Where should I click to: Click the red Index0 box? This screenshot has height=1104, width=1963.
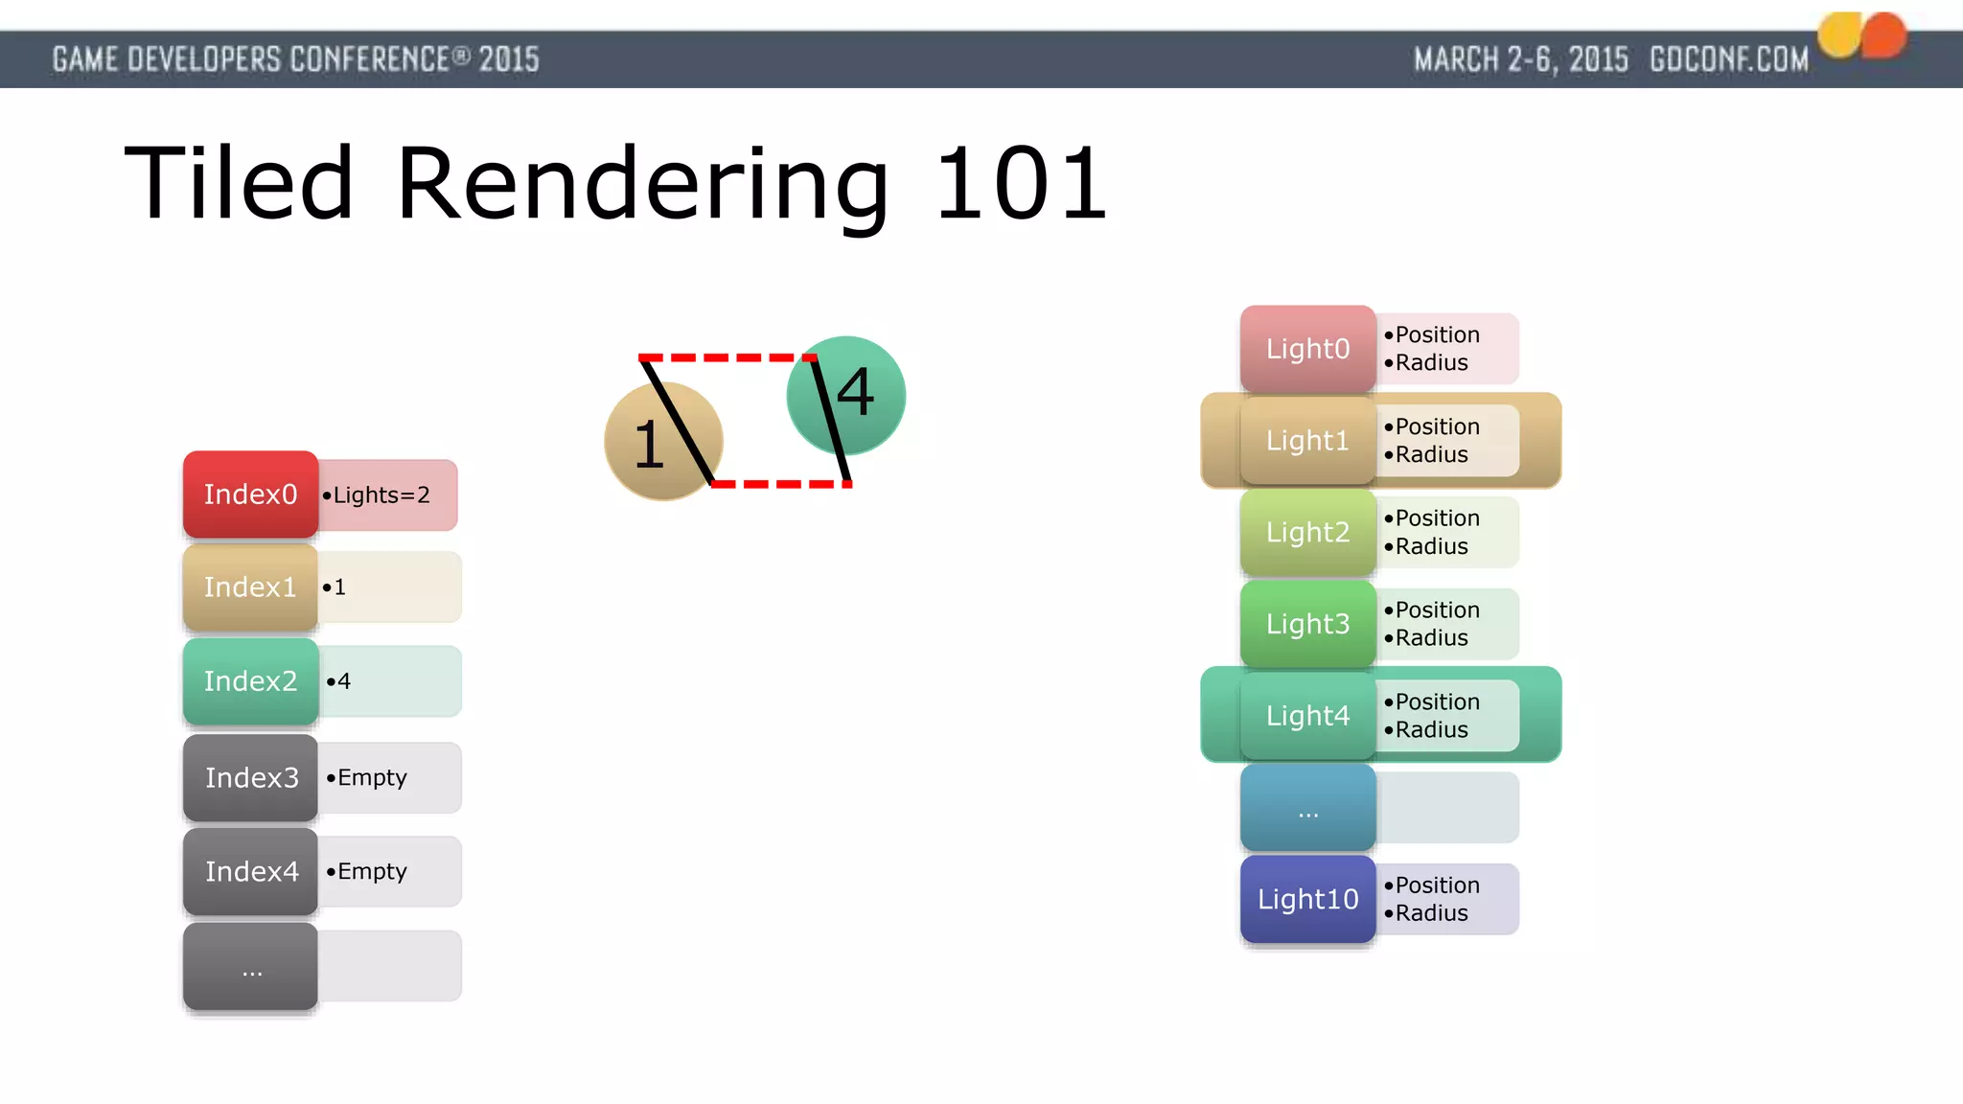pos(250,494)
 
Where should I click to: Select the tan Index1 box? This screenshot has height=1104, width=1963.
pos(250,587)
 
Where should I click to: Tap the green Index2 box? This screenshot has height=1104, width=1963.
pos(250,681)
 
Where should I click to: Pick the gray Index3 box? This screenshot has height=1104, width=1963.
pos(250,777)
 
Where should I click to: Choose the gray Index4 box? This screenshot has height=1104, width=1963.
pos(250,871)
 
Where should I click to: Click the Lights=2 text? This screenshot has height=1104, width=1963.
pos(381,495)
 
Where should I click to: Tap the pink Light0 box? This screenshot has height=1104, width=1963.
pos(1307,349)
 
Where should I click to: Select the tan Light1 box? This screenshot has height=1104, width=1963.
pos(1307,441)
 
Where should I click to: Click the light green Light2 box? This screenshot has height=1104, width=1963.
pos(1307,532)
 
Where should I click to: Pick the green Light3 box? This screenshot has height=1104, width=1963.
pos(1307,624)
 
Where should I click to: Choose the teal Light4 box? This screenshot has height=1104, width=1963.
pos(1307,716)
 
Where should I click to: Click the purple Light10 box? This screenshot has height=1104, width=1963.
pos(1307,899)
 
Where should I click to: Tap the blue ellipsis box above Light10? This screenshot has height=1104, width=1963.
pos(1307,808)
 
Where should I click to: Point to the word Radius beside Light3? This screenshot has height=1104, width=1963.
pos(1431,638)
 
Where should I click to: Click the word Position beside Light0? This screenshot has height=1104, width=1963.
pos(1437,334)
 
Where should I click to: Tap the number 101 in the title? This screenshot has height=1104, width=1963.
pos(1020,184)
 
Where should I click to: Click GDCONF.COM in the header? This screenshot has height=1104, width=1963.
pos(1728,59)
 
